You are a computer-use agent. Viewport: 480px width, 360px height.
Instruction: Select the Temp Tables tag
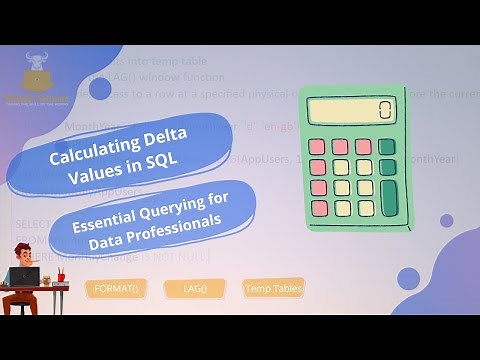pyautogui.click(x=272, y=289)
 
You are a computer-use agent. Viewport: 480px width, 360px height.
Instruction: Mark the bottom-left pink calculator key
pyautogui.click(x=320, y=208)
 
